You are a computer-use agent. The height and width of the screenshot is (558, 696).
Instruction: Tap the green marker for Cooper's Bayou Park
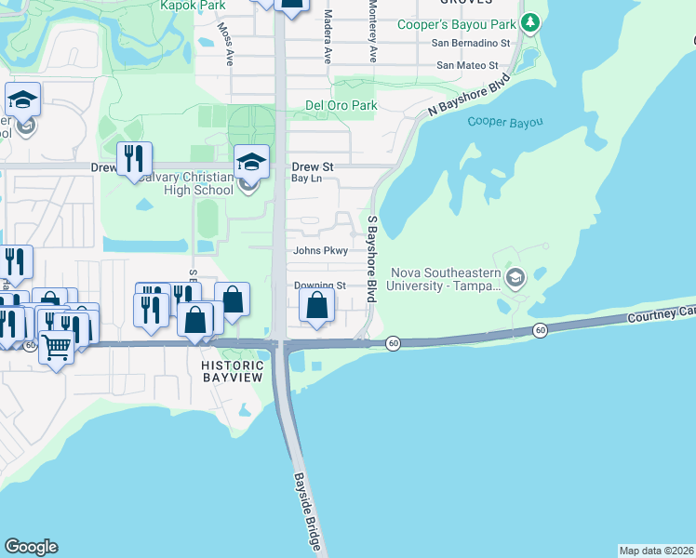[x=530, y=22]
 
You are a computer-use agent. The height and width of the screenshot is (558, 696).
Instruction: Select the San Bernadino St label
[x=472, y=43]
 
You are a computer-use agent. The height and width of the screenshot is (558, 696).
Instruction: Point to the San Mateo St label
[x=467, y=65]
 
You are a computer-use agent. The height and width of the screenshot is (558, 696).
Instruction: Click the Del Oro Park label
[x=341, y=105]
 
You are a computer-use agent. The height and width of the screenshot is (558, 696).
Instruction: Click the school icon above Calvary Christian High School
[x=251, y=162]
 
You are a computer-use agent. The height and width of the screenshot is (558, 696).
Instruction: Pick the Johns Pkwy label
[x=320, y=250]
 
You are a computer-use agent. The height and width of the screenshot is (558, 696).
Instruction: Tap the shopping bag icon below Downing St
[x=317, y=304]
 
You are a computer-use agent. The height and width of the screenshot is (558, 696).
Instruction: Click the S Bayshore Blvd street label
[x=371, y=259]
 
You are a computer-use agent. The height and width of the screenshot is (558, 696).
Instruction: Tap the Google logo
[x=31, y=547]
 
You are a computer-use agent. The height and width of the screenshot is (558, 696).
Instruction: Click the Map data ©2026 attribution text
[x=655, y=550]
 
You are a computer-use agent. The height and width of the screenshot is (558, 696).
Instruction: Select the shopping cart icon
[x=57, y=348]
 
